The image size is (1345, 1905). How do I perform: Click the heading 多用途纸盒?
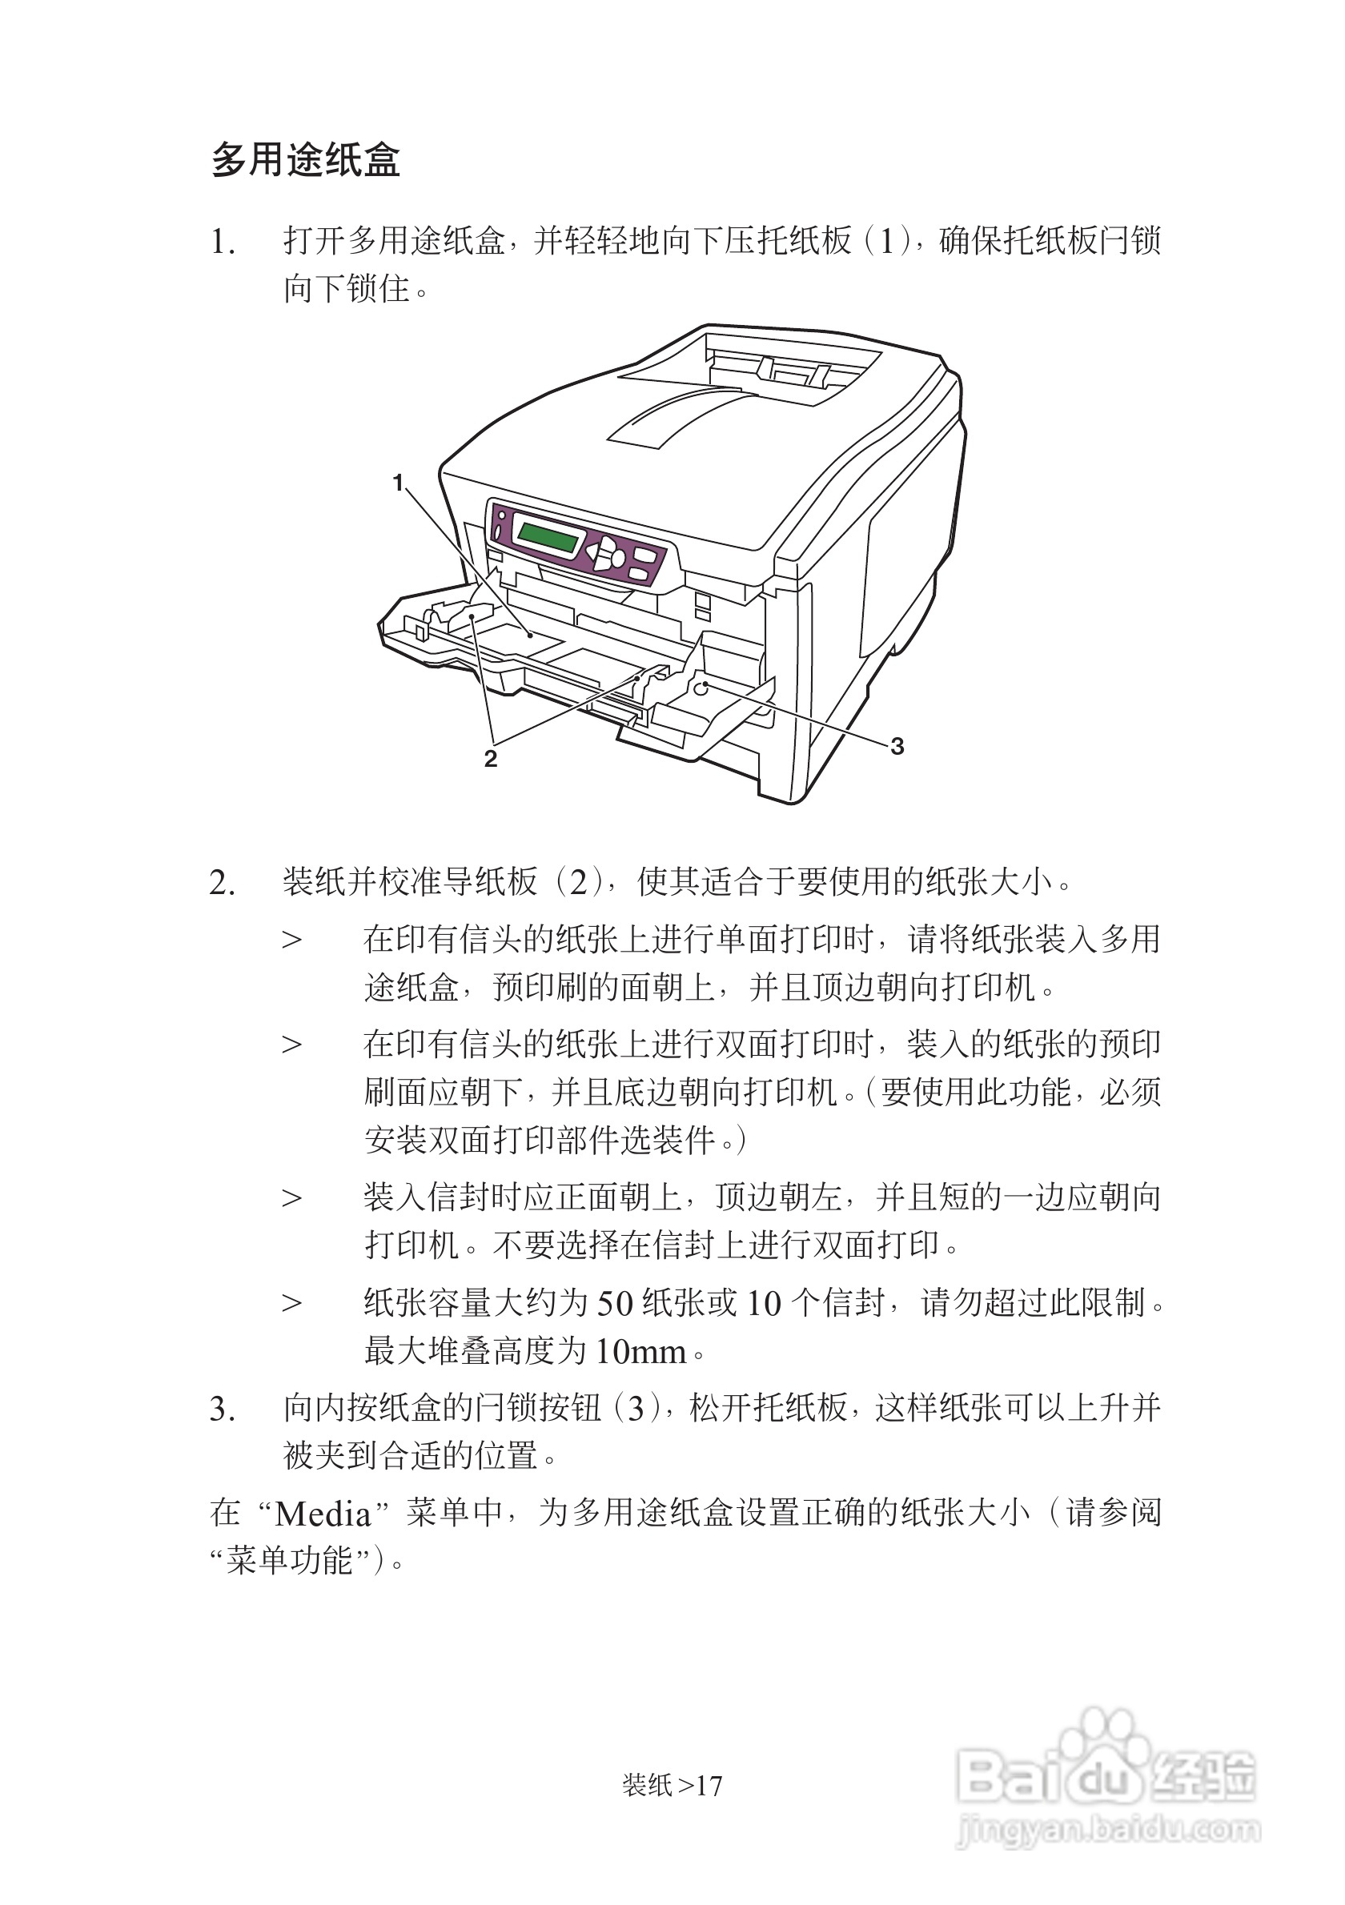(x=305, y=160)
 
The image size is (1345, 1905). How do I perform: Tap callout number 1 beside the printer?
(x=398, y=482)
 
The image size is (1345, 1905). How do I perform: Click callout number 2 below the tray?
(x=491, y=758)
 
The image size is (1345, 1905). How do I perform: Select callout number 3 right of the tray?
(x=897, y=746)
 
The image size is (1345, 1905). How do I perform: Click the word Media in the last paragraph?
(x=323, y=1514)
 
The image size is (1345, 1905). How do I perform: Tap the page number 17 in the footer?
(x=709, y=1785)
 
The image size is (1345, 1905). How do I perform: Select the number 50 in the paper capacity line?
(x=615, y=1303)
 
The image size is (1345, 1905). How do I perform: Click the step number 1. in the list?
(x=222, y=243)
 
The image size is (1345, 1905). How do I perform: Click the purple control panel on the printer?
(x=580, y=547)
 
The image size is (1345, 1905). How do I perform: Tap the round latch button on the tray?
(x=702, y=687)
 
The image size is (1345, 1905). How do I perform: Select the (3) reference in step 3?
(x=636, y=1409)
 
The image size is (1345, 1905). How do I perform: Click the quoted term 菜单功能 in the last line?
(x=290, y=1562)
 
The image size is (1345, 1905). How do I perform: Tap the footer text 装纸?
(x=647, y=1785)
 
